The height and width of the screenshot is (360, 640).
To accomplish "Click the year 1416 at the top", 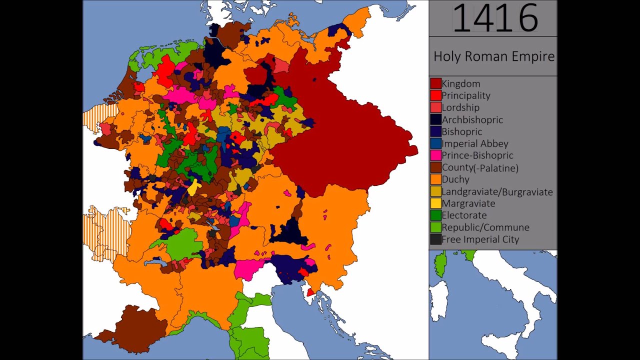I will pyautogui.click(x=495, y=18).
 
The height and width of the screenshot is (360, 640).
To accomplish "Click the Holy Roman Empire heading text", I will pyautogui.click(x=493, y=56).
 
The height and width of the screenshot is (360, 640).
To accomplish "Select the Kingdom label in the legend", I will pyautogui.click(x=460, y=84).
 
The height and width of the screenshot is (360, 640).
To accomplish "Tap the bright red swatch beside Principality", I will pyautogui.click(x=435, y=95).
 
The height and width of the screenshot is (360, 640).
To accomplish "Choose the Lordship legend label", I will pyautogui.click(x=460, y=107).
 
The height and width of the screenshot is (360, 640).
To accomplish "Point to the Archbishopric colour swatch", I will pyautogui.click(x=435, y=119).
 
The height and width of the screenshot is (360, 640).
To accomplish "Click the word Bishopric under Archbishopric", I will pyautogui.click(x=461, y=131).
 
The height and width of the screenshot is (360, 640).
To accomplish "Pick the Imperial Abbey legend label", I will pyautogui.click(x=474, y=143).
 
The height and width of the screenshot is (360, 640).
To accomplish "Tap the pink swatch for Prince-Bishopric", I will pyautogui.click(x=435, y=155).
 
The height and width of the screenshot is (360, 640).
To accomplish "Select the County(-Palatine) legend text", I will pyautogui.click(x=479, y=168).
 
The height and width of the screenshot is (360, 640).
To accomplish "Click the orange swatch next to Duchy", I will pyautogui.click(x=435, y=179).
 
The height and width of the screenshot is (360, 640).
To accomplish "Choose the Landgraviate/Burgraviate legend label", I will pyautogui.click(x=497, y=192).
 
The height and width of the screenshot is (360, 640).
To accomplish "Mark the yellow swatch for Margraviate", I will pyautogui.click(x=435, y=203).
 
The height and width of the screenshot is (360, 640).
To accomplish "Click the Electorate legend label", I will pyautogui.click(x=464, y=215).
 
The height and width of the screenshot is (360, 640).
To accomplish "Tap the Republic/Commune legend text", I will pyautogui.click(x=485, y=227).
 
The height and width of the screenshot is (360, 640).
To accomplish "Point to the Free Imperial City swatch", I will pyautogui.click(x=435, y=239).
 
